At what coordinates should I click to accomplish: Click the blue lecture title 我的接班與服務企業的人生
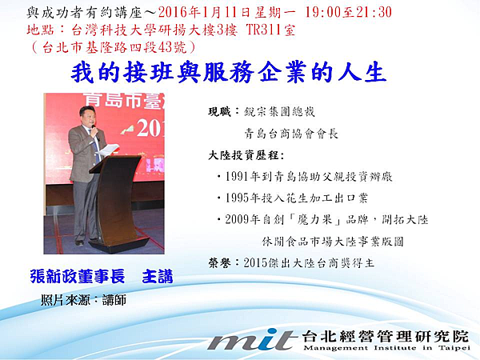coord(228,73)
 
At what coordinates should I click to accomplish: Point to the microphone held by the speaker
coord(96,132)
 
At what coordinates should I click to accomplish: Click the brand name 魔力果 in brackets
coord(314,219)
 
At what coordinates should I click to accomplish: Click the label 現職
coord(219,112)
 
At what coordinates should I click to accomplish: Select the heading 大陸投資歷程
coord(243,155)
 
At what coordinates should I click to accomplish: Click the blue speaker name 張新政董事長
coord(78,277)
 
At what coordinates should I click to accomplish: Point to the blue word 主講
coord(158,277)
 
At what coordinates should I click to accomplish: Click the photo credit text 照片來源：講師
coord(83,300)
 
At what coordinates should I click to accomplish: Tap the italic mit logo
coord(250,340)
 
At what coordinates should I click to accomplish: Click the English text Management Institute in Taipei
coord(387,348)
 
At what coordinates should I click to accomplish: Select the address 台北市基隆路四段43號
coord(114,47)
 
